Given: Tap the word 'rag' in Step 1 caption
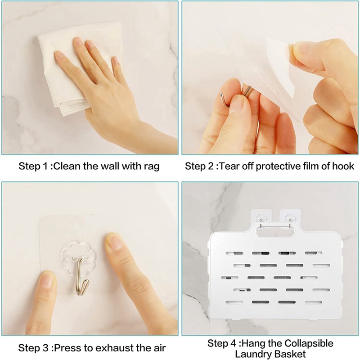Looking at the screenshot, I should click(x=151, y=166).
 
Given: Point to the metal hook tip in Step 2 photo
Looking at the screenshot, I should click(x=221, y=95).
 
